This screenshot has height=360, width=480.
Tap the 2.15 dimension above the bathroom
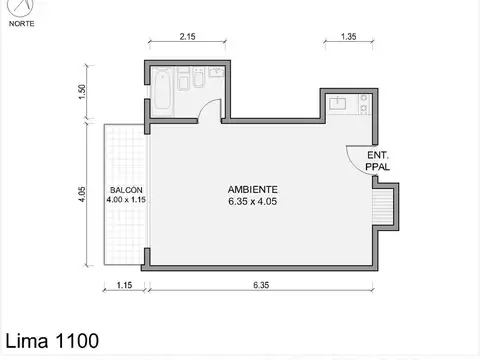tap(188, 37)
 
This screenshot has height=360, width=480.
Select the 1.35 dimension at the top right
tap(349, 37)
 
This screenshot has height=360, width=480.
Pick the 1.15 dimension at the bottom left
tap(125, 285)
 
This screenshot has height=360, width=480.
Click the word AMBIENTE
tap(252, 189)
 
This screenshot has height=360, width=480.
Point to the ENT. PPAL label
tap(378, 161)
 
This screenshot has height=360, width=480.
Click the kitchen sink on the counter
tap(337, 101)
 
